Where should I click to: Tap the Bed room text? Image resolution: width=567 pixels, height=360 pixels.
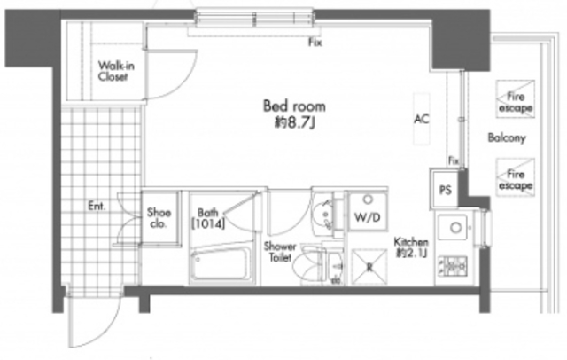294,106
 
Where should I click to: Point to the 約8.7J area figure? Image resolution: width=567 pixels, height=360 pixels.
294,123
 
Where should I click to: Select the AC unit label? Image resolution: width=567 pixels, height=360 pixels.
422,119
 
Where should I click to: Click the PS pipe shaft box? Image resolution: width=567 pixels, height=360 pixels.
445,189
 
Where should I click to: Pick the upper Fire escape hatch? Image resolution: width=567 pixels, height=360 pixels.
515,99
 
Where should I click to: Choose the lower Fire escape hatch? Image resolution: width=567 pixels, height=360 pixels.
515,177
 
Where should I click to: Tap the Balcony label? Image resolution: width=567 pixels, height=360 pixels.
506,137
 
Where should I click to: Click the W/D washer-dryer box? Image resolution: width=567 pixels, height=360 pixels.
368,211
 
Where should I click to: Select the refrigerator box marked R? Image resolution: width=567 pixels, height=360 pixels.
369,267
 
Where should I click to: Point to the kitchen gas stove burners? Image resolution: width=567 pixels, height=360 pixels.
453,266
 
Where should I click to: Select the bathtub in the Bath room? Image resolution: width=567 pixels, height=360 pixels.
221,263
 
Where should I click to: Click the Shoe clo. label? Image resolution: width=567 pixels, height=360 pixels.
159,218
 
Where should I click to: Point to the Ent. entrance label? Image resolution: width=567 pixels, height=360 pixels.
97,207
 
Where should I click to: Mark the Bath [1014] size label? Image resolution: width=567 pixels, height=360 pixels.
208,218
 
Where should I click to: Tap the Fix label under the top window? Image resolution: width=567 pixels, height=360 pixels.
315,43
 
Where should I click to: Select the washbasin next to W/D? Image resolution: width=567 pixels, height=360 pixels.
323,215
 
